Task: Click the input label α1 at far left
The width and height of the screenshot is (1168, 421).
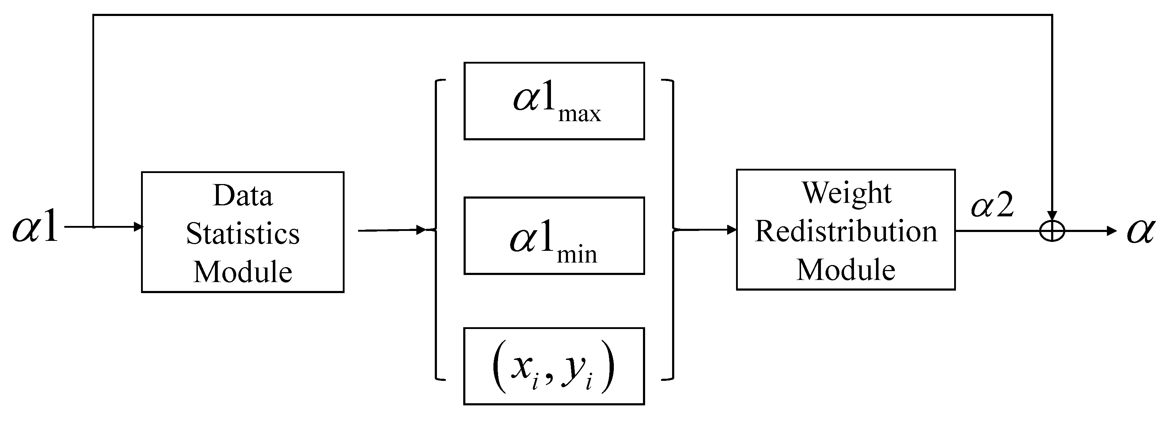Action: coord(36,226)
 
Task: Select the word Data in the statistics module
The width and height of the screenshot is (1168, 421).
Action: coord(243,196)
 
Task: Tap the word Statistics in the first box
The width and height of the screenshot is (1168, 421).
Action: coord(243,234)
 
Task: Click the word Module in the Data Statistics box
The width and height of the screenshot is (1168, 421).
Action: coord(243,272)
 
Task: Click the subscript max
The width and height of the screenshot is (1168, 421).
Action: coord(579,114)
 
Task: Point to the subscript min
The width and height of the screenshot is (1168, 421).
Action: coord(577,256)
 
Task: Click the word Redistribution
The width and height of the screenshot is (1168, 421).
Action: coord(846,231)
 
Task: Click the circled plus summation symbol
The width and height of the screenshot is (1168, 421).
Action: coord(1052,231)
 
